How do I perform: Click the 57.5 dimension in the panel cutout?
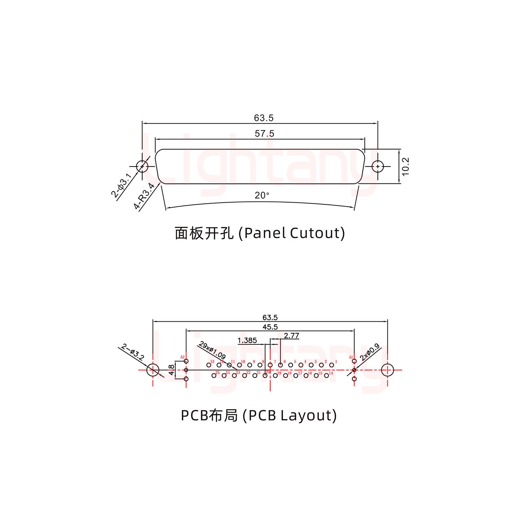(x=264, y=134)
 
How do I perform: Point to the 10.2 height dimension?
(x=405, y=166)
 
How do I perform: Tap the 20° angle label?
(x=262, y=195)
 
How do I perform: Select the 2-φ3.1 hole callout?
(x=122, y=185)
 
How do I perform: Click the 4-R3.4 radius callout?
(x=144, y=196)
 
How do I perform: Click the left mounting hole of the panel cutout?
(x=142, y=167)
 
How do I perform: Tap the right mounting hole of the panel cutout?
(x=378, y=167)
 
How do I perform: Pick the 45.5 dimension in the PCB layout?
(x=270, y=327)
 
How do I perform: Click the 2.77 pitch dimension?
(x=291, y=335)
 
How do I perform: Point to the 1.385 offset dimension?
(x=247, y=340)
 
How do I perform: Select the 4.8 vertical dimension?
(x=171, y=370)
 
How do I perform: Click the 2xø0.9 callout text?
(x=369, y=352)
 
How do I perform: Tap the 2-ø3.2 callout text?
(x=133, y=351)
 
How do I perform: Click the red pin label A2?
(x=182, y=357)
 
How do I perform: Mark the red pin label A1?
(x=351, y=357)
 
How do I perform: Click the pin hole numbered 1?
(x=331, y=365)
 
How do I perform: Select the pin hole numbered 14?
(x=326, y=376)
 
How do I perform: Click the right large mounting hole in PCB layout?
(x=387, y=370)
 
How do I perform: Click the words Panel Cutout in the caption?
(x=294, y=233)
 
